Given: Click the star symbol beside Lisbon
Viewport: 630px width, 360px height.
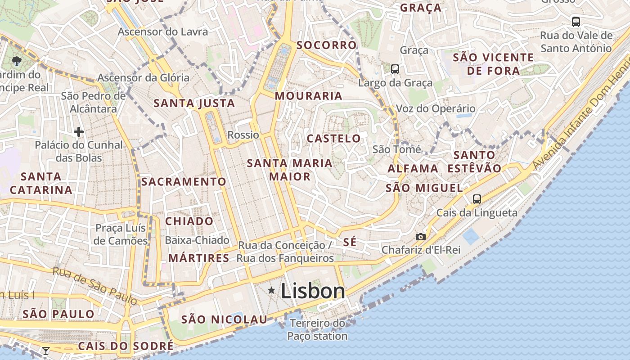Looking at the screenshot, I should pos(271,291).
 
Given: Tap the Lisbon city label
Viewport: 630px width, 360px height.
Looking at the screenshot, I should pos(313,291).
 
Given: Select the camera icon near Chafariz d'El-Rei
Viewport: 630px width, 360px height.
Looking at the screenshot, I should pos(420,237).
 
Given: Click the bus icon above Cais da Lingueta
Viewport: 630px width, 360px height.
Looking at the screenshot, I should pos(477,199).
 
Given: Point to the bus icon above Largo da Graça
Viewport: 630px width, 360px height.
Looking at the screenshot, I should pos(395,69).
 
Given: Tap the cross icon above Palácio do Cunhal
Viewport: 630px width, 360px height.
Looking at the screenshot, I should pos(79,132).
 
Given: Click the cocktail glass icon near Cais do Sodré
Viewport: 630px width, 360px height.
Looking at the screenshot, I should pos(45,351).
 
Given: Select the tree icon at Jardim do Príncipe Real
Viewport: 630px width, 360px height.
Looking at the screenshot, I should pos(17,60).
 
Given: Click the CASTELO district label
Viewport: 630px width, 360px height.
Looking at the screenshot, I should pos(333,139).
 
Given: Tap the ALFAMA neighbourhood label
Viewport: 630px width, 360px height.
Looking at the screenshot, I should pos(413,169).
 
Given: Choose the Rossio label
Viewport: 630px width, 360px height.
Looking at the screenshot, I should pos(243,135).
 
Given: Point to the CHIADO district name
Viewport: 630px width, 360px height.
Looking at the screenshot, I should pos(189,221).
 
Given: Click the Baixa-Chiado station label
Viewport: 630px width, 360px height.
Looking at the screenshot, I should pos(197,240).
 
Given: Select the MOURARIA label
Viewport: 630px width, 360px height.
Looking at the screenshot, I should pos(309,96).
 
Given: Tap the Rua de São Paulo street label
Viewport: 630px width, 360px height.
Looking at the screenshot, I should pos(94,285).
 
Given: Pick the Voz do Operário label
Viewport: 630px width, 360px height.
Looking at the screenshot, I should pos(436,109).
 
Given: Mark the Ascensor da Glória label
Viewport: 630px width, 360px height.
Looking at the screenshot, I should pos(144,78).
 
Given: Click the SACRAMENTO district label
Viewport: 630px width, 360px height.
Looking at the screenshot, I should pos(184,182).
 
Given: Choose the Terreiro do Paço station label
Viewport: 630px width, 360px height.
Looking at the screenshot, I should pos(317,329).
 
